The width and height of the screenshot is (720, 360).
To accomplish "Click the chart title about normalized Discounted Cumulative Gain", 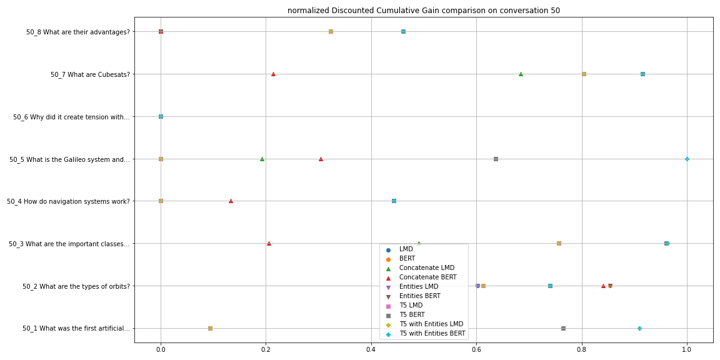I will pyautogui.click(x=423, y=11).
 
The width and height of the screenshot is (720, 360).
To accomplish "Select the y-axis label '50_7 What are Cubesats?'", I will pyautogui.click(x=90, y=74).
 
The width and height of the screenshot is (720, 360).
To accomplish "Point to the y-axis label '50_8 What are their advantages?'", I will pyautogui.click(x=78, y=32).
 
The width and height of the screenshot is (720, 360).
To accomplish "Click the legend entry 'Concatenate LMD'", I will pyautogui.click(x=427, y=267).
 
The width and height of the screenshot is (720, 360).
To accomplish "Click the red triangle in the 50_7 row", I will pyautogui.click(x=273, y=74).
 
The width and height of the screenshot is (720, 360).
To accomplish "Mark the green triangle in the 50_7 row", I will pyautogui.click(x=521, y=74).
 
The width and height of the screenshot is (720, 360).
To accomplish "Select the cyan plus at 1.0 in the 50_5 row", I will pyautogui.click(x=687, y=159).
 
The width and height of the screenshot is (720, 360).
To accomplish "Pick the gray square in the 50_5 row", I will pyautogui.click(x=496, y=159).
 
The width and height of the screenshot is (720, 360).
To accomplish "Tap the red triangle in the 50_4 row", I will pyautogui.click(x=231, y=201).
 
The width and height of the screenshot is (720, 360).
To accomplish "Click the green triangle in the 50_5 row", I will pyautogui.click(x=262, y=159).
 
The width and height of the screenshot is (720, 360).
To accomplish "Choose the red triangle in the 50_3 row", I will pyautogui.click(x=269, y=244).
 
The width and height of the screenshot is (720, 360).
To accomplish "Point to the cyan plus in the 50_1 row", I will pyautogui.click(x=639, y=328).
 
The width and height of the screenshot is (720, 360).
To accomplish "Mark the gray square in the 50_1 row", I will pyautogui.click(x=563, y=328).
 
